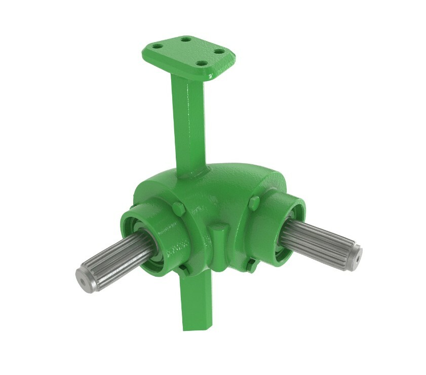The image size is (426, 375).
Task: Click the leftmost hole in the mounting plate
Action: coord(158,46)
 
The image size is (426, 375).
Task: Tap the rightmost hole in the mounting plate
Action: coord(219,51)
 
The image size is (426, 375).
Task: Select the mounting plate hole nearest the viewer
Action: coord(201,64)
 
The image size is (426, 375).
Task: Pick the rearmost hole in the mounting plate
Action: coord(186,39)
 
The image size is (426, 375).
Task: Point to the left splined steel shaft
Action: coord(114,258)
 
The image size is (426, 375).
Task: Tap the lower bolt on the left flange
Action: coord(184,271)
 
